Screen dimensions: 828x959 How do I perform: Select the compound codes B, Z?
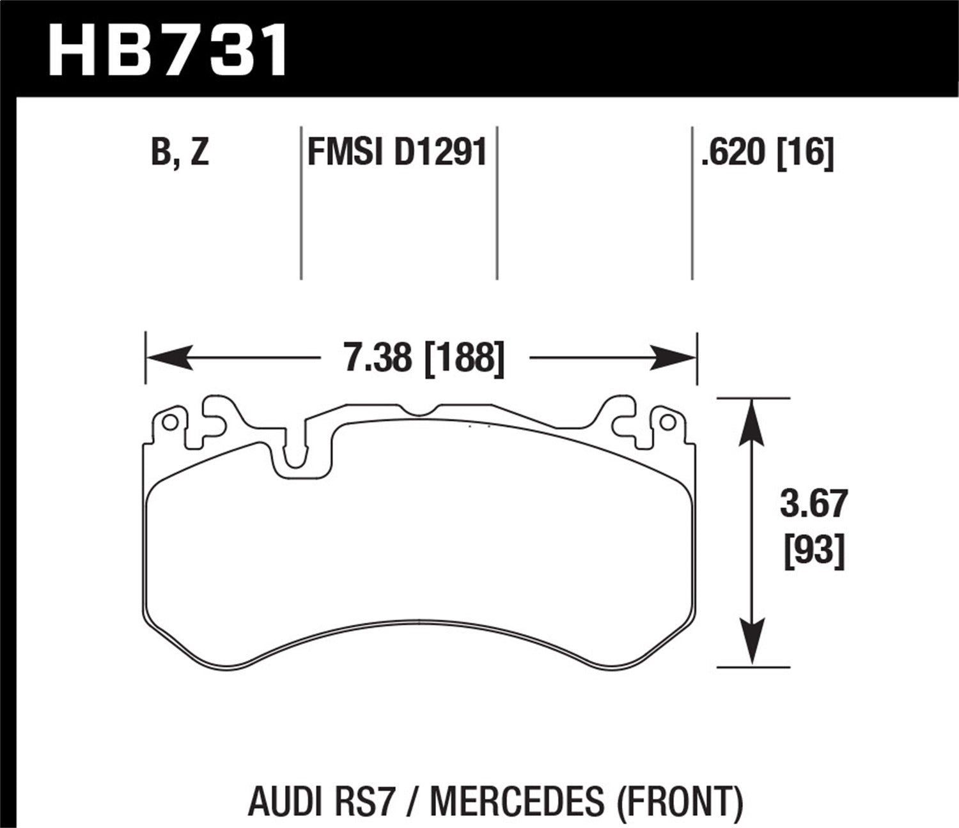180,154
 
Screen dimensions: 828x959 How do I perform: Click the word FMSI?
346,153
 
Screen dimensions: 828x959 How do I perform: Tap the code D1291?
441,153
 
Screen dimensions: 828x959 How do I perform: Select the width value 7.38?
378,358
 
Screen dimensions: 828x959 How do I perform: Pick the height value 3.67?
813,504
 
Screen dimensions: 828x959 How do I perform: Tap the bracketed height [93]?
814,549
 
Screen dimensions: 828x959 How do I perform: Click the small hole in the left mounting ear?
169,423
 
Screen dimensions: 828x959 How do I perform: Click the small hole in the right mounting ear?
667,422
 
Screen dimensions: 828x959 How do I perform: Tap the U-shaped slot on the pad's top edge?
295,450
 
